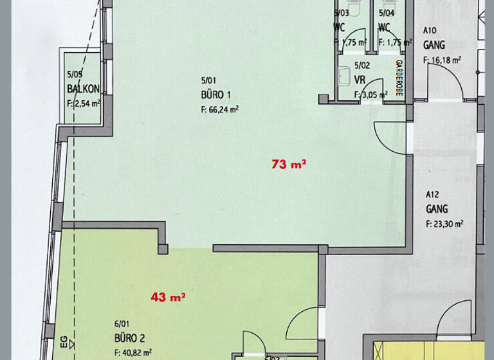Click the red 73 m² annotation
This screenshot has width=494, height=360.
(x=289, y=165)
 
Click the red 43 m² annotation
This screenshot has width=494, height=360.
(x=169, y=297)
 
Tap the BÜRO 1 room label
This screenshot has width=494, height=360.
(x=216, y=95)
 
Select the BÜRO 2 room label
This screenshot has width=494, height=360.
(x=129, y=339)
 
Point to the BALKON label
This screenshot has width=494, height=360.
(x=83, y=89)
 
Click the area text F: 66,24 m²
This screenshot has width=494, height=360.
(x=220, y=109)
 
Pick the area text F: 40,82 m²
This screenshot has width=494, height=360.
(x=133, y=352)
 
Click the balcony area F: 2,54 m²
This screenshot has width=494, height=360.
(x=84, y=102)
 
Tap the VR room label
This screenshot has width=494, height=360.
(x=360, y=80)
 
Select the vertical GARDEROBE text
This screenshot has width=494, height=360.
(x=399, y=78)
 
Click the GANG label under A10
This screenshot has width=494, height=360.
(x=434, y=46)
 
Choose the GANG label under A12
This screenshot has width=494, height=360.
(x=437, y=210)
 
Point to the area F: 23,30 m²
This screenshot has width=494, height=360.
(x=444, y=224)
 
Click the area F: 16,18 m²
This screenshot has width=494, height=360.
(x=442, y=60)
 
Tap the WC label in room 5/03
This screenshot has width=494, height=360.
(x=340, y=27)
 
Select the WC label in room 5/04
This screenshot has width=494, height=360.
(x=385, y=27)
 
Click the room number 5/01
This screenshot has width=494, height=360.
(x=208, y=80)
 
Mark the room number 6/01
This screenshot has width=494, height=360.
(x=121, y=325)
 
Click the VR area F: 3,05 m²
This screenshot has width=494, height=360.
(x=371, y=94)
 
